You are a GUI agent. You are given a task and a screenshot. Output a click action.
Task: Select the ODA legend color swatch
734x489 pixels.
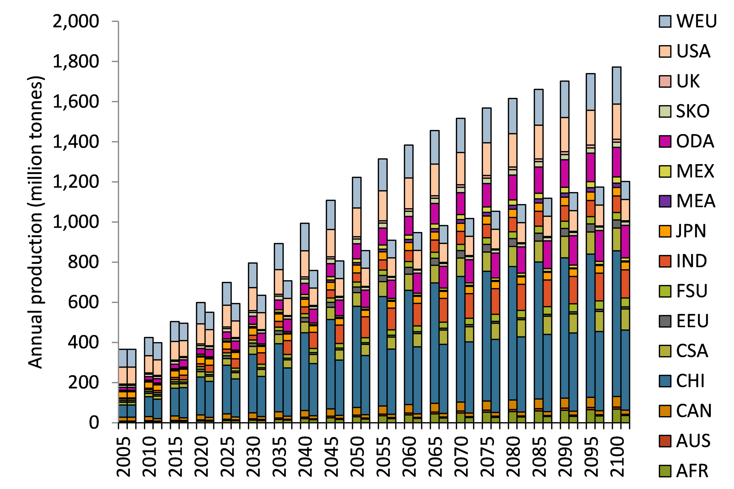pyautogui.click(x=665, y=141)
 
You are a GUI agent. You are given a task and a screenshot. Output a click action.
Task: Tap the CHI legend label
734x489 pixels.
pyautogui.click(x=690, y=381)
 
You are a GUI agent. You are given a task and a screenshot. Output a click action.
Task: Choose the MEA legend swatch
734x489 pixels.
pyautogui.click(x=665, y=201)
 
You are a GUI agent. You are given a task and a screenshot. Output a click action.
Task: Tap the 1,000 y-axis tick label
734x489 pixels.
pyautogui.click(x=75, y=222)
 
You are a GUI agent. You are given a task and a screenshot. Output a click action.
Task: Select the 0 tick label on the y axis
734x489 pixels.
pyautogui.click(x=94, y=423)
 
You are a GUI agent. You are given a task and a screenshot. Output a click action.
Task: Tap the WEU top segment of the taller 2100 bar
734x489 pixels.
pyautogui.click(x=616, y=85)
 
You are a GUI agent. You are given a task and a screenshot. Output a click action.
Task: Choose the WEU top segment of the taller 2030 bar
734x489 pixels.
pyautogui.click(x=253, y=275)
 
